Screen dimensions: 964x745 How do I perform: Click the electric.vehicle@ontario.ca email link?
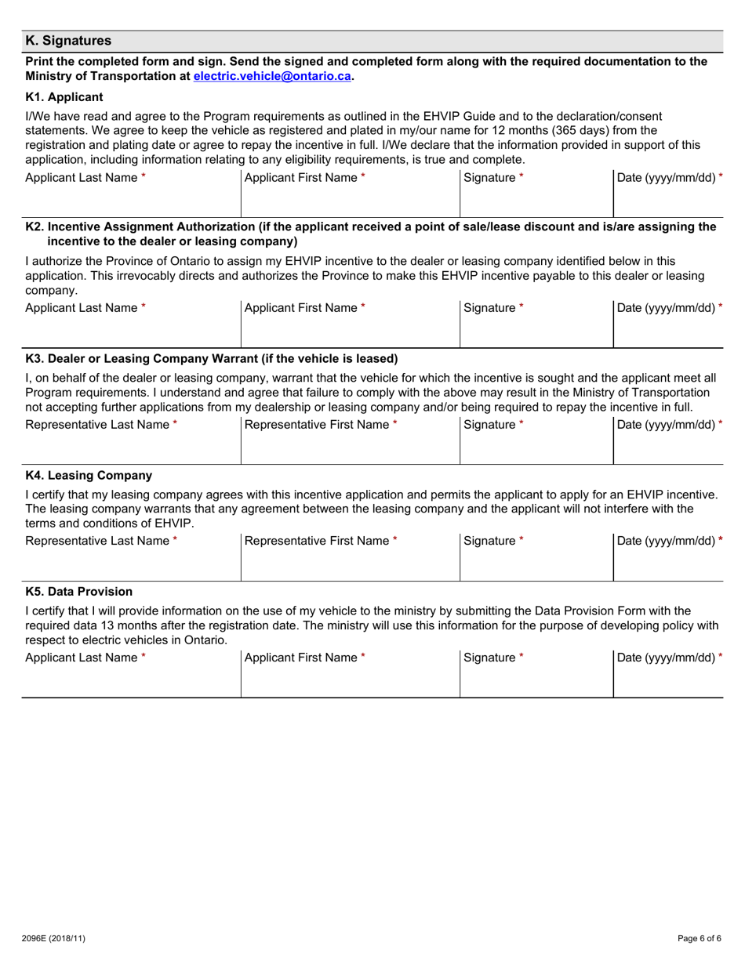tap(271, 76)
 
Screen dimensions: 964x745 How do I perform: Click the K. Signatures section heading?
tap(68, 41)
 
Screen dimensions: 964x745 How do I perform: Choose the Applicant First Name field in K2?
tap(349, 333)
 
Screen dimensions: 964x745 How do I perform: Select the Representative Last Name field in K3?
tap(131, 450)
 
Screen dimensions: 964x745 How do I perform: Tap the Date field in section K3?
tap(667, 450)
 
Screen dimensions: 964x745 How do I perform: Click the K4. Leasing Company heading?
tap(89, 475)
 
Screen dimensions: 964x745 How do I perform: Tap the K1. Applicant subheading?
tap(64, 97)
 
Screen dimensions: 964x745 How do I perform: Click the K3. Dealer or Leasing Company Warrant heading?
tap(212, 359)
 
